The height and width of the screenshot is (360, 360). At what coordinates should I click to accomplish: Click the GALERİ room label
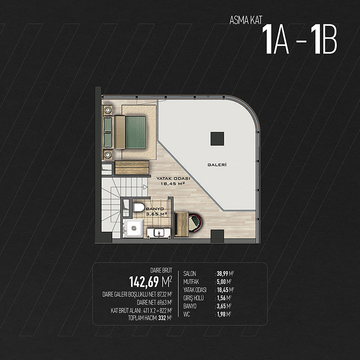[x=217, y=165]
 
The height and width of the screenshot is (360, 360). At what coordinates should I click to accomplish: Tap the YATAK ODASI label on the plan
[x=173, y=178]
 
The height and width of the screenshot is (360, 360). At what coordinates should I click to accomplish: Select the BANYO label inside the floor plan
[x=155, y=209]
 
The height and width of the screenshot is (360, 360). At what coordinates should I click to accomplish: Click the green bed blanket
[x=135, y=132]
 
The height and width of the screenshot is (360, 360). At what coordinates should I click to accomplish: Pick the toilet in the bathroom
[x=139, y=207]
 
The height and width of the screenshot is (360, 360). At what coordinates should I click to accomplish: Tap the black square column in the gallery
[x=217, y=139]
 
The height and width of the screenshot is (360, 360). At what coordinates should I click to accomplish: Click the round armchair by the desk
[x=195, y=222]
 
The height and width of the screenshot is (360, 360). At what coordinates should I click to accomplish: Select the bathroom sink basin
[x=159, y=233]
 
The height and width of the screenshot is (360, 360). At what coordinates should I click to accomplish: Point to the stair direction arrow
[x=145, y=187]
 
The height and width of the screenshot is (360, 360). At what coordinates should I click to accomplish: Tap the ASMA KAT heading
[x=246, y=20]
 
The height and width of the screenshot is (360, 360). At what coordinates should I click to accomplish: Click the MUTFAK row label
[x=191, y=282]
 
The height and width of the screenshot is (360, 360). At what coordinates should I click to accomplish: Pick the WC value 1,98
[x=221, y=314]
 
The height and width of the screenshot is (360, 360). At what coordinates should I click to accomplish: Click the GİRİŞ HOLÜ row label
[x=193, y=298]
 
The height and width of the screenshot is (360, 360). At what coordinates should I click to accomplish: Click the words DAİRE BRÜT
[x=161, y=270]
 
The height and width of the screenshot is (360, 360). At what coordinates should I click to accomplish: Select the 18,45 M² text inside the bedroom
[x=173, y=184]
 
